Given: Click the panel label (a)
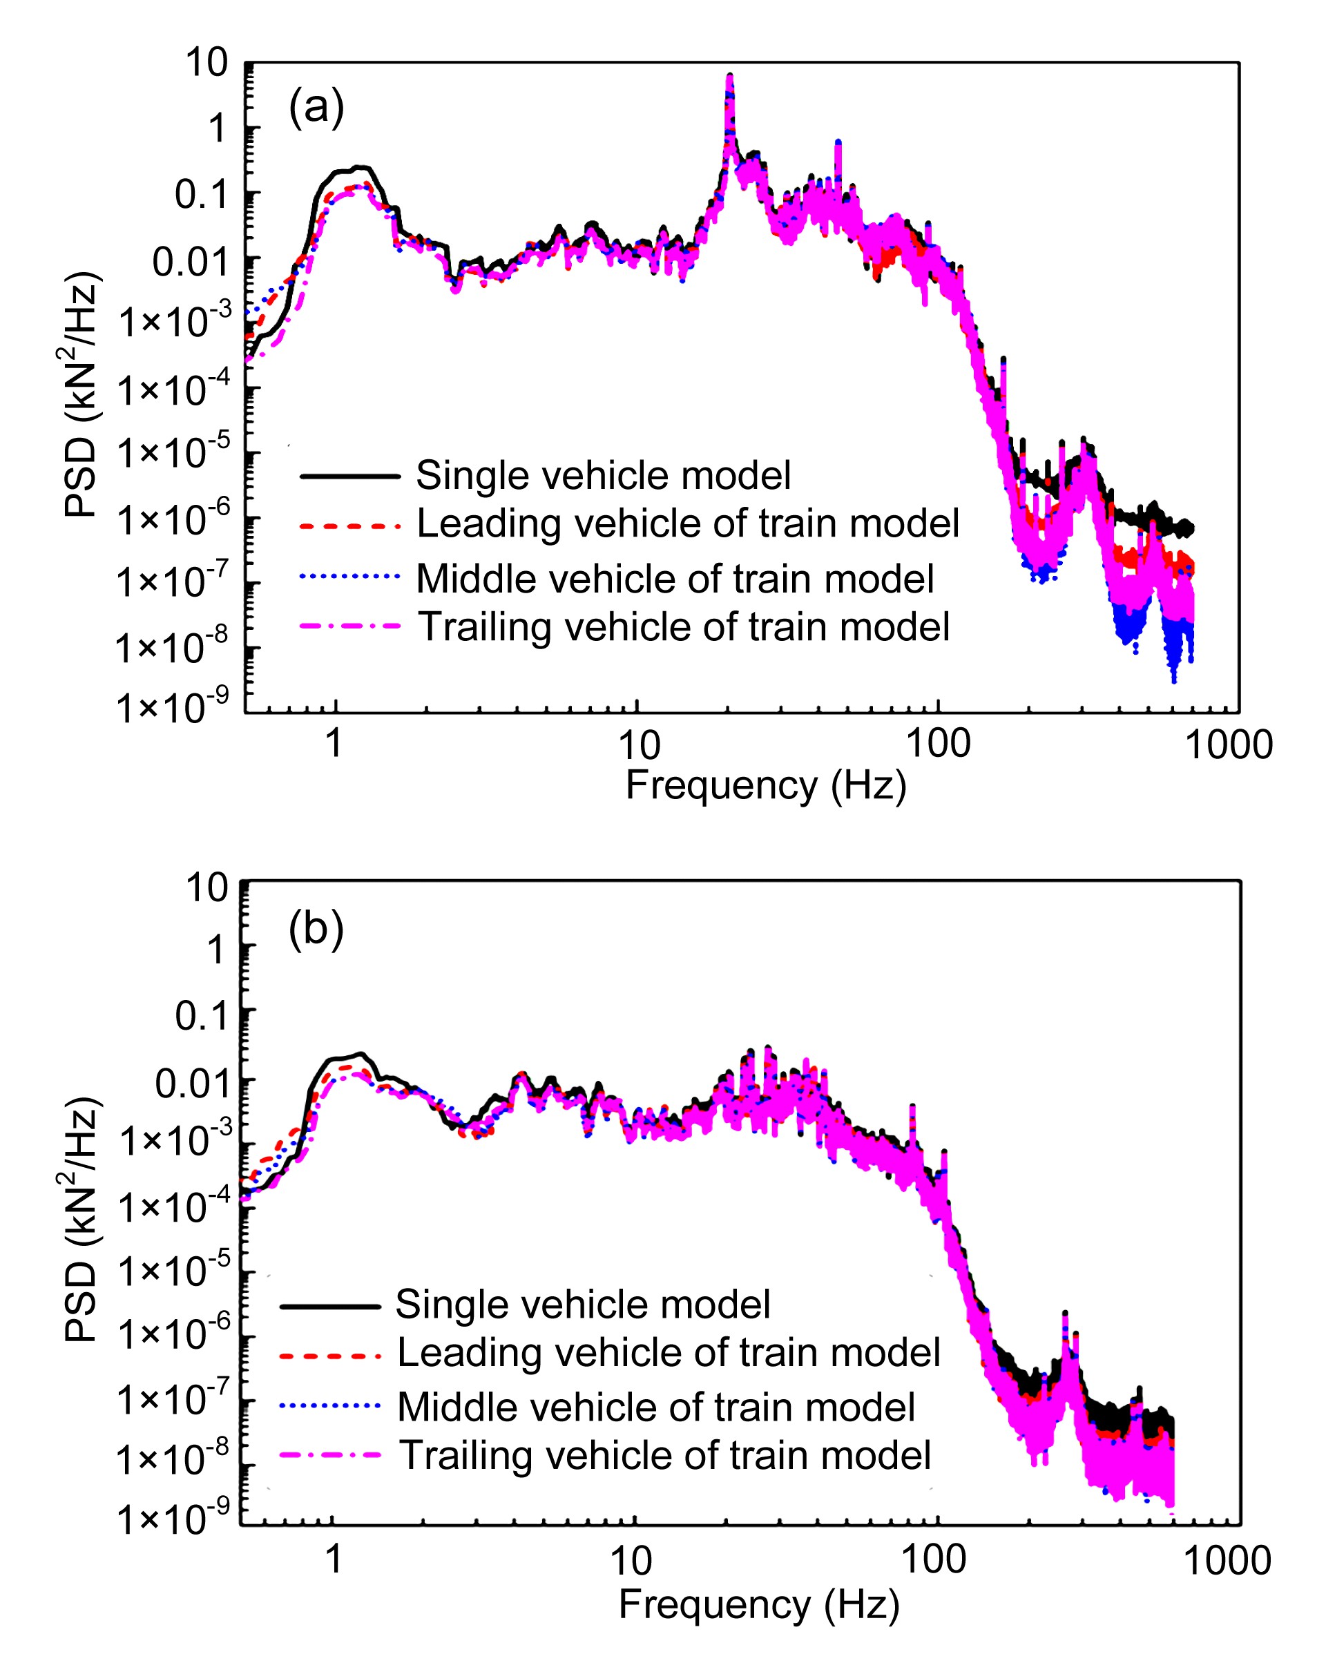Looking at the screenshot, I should pos(316,106).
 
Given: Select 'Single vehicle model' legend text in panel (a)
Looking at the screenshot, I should pos(603,476).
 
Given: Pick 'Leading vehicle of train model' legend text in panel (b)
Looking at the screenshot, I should pos(669,1352).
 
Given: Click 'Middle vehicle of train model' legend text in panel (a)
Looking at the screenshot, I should pos(675,579).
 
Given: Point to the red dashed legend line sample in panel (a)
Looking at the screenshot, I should pos(350,526).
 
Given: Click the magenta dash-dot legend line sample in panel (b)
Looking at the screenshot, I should pos(330,1454).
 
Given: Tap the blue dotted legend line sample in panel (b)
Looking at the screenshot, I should pos(330,1405).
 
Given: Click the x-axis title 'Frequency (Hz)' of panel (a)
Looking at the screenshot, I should pos(765,786).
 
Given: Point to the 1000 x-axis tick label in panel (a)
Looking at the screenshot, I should pos(1228,745).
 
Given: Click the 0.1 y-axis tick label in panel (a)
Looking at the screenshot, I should pos(202,194).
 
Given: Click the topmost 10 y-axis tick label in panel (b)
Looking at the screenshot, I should pos(206,888).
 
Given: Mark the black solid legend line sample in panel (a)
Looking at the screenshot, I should pos(350,476).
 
